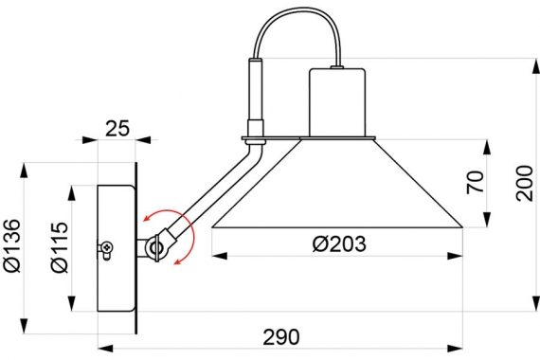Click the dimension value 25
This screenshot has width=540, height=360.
coord(117,129)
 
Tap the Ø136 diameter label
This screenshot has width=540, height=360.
coord(11,245)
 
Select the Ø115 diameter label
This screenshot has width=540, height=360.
coord(60,247)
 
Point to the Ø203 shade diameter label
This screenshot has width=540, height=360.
coord(339,243)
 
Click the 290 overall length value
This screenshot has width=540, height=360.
coord(281,337)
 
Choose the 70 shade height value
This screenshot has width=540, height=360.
coord(476,182)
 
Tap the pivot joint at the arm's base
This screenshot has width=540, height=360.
coord(156,246)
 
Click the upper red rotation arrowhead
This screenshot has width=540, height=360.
coord(148,217)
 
